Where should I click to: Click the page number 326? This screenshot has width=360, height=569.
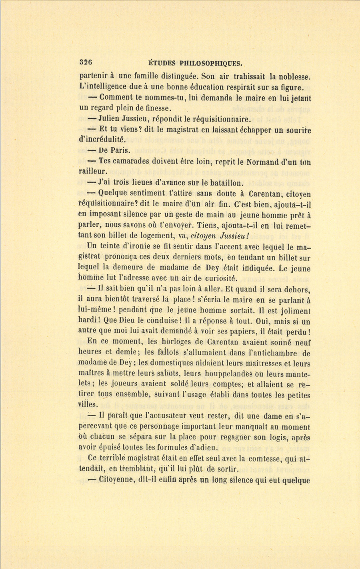[x=86, y=62]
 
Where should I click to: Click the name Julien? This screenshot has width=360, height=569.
[x=111, y=119]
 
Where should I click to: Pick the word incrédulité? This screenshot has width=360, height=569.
[x=102, y=140]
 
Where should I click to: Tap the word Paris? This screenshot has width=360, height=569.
[x=120, y=151]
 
